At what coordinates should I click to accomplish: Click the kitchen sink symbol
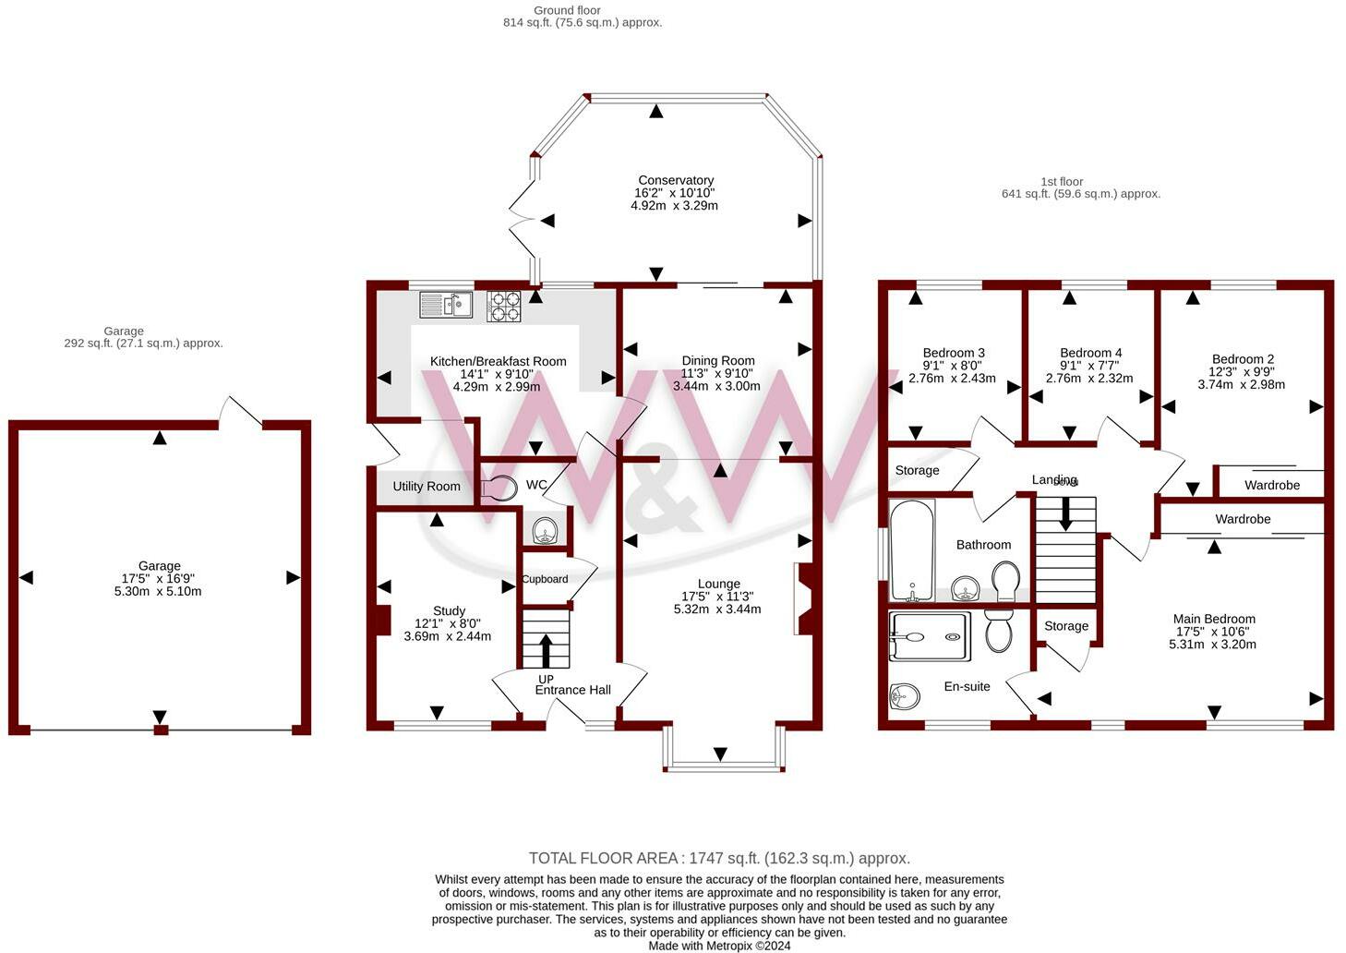point(446,304)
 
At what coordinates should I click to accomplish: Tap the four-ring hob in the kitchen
point(503,307)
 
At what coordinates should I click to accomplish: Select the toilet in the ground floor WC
point(499,488)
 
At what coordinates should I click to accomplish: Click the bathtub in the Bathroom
point(912,549)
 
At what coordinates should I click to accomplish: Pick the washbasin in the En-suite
point(905,697)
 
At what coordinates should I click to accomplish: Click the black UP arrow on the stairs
point(546,651)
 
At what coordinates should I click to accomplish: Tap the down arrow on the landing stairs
point(1065,514)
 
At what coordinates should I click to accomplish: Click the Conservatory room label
point(676,180)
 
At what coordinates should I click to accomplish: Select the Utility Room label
point(427,486)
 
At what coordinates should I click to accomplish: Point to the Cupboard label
point(545,579)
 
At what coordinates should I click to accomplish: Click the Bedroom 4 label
point(1090,353)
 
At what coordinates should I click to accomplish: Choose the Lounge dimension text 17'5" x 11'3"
point(717,596)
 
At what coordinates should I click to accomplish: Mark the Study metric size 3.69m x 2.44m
point(448,635)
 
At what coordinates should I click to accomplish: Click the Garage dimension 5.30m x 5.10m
point(158,591)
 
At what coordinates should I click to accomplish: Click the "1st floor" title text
point(1062,181)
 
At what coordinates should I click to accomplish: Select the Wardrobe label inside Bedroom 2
point(1272,485)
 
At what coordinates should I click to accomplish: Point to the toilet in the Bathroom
point(1005,581)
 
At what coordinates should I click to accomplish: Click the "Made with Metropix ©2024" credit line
point(719,946)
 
